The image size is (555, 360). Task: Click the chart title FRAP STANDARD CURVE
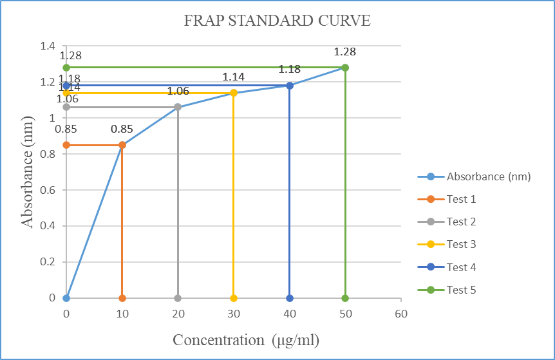[277, 21]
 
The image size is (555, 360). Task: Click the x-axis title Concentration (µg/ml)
[245, 340]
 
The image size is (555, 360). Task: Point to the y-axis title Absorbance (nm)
[28, 172]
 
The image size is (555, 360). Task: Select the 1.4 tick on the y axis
[48, 46]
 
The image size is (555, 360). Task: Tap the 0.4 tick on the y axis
[48, 226]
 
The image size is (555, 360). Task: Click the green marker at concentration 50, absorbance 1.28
[345, 67]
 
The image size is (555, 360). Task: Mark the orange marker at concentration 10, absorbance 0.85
[122, 145]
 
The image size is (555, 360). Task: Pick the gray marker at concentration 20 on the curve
[178, 107]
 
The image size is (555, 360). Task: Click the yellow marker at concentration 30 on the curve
[234, 93]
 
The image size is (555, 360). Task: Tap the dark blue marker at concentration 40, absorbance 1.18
[290, 85]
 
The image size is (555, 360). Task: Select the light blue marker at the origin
[66, 298]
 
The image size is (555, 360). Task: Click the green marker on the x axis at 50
[345, 298]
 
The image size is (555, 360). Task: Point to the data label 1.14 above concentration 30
[234, 77]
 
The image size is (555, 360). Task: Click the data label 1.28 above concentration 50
[345, 52]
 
